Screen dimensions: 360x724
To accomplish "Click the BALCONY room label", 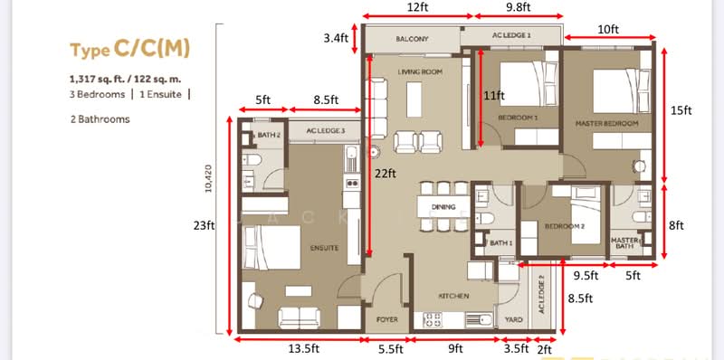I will [x=412, y=40].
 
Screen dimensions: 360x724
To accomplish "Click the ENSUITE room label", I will [x=323, y=247].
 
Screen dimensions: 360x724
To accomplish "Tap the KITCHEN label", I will [x=452, y=296].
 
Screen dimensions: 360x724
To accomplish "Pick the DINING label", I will [x=443, y=208].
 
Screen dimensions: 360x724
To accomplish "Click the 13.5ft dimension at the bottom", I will [x=297, y=348].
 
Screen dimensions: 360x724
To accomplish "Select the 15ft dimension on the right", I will [x=681, y=110].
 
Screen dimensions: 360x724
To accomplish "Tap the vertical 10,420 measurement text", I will [x=209, y=179].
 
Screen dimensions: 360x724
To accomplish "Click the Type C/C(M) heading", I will [x=130, y=48].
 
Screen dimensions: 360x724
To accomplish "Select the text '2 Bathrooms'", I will [x=100, y=118].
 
